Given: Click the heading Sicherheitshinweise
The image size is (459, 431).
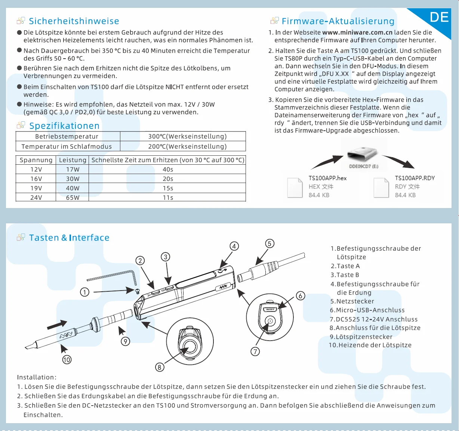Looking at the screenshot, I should coord(74,21).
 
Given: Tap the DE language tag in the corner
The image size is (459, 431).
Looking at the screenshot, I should coord(439,17).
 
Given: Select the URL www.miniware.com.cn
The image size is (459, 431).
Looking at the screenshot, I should coord(357,32).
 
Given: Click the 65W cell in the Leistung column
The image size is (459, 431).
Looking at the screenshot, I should coord(73,198).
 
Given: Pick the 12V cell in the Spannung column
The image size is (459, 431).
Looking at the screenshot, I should coord(36,169).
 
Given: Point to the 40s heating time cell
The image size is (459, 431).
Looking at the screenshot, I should coord(168,169).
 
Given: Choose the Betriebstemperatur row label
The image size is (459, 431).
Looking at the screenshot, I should coord(67,136).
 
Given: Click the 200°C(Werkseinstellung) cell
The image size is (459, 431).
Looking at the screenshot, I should coord(187,146).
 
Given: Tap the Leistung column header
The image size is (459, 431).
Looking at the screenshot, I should coord(73,160).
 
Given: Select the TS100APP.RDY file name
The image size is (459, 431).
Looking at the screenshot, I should coord(415,178).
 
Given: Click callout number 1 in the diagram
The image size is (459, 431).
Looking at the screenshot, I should coord(85,292).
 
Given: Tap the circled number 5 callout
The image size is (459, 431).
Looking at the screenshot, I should coord(269,244).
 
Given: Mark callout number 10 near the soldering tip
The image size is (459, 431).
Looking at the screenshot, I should coord(67,360).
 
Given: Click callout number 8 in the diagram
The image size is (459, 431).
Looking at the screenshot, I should coord(160,367).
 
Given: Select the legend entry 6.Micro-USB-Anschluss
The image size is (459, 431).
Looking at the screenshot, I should coord(367,310).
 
